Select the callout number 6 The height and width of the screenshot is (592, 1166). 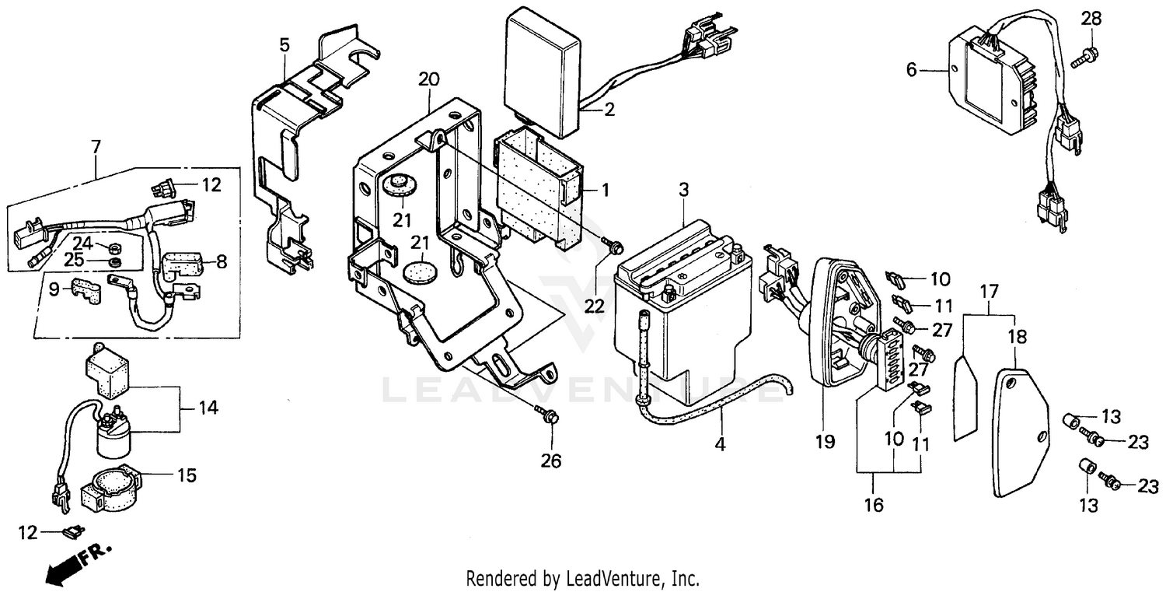click(x=911, y=70)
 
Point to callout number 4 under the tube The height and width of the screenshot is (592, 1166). click(x=720, y=445)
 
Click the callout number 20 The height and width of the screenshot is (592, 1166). click(x=428, y=79)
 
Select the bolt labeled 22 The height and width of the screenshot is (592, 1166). click(x=613, y=247)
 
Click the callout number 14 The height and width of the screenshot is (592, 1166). click(x=207, y=408)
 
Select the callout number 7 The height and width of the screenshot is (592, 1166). click(x=96, y=146)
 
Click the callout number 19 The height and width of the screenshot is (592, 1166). click(x=825, y=442)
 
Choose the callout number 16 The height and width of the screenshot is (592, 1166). click(x=873, y=505)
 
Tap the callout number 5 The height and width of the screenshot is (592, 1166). click(x=285, y=44)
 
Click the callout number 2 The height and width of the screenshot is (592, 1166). click(x=609, y=110)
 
